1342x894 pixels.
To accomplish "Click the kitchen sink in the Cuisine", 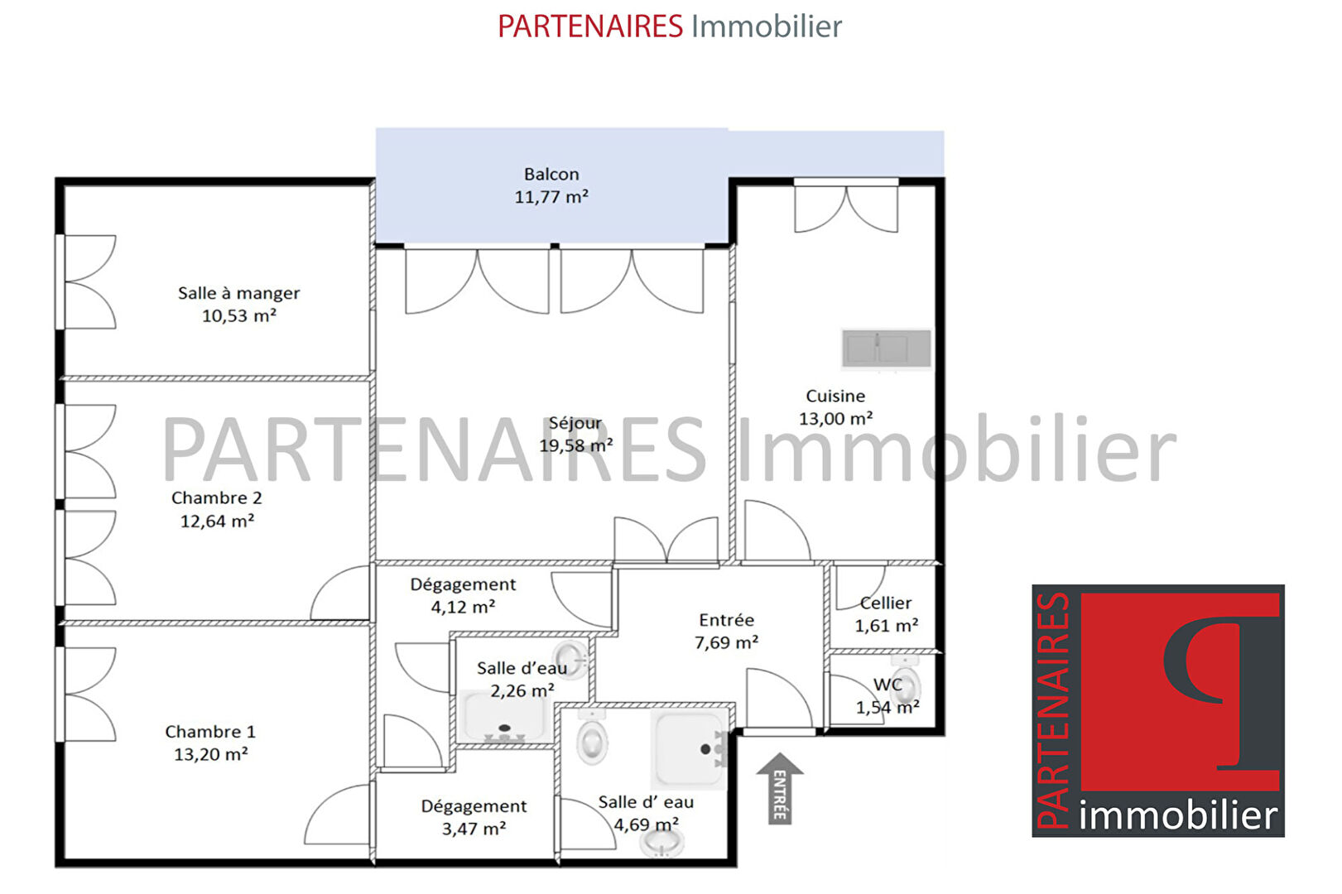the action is click(886, 348).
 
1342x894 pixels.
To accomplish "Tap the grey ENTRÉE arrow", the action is click(779, 788).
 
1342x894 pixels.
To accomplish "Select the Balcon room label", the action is click(551, 175).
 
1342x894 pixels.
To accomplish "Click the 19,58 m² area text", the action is click(575, 445).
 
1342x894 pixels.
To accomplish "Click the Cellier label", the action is click(886, 603).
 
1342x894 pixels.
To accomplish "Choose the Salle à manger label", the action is click(238, 293).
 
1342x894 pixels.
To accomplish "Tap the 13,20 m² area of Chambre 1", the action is click(211, 754).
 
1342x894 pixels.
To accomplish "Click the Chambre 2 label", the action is click(216, 498).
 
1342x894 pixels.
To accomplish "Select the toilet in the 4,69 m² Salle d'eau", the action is click(592, 738).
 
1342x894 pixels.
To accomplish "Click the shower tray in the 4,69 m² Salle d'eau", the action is click(689, 750).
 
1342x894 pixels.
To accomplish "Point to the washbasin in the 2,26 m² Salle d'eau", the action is click(570, 660).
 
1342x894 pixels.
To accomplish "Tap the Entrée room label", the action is click(726, 619).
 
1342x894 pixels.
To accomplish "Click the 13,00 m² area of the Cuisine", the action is click(835, 418).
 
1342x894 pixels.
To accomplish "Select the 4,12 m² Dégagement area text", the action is click(463, 607).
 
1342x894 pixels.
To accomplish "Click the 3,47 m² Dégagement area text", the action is click(474, 829).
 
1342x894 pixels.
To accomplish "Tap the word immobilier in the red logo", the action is click(1178, 815).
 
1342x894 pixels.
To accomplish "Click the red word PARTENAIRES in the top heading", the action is click(590, 26).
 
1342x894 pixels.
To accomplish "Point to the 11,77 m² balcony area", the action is click(551, 196).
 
